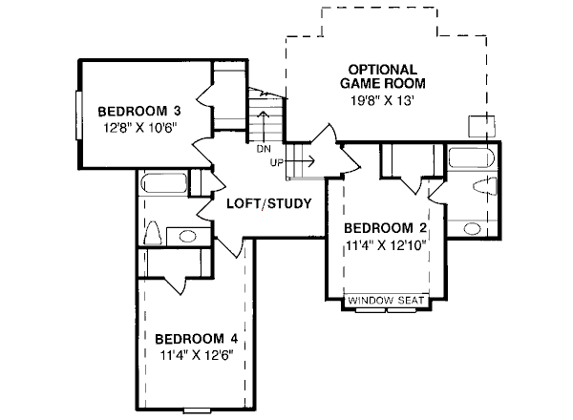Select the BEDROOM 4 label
tap(195, 338)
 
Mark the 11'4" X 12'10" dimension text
tap(384, 245)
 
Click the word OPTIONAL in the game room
tap(382, 70)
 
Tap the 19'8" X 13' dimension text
tap(382, 98)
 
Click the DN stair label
tap(264, 148)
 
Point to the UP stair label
tap(277, 161)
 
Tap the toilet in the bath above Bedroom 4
tap(152, 232)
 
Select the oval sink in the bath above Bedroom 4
tap(187, 236)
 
